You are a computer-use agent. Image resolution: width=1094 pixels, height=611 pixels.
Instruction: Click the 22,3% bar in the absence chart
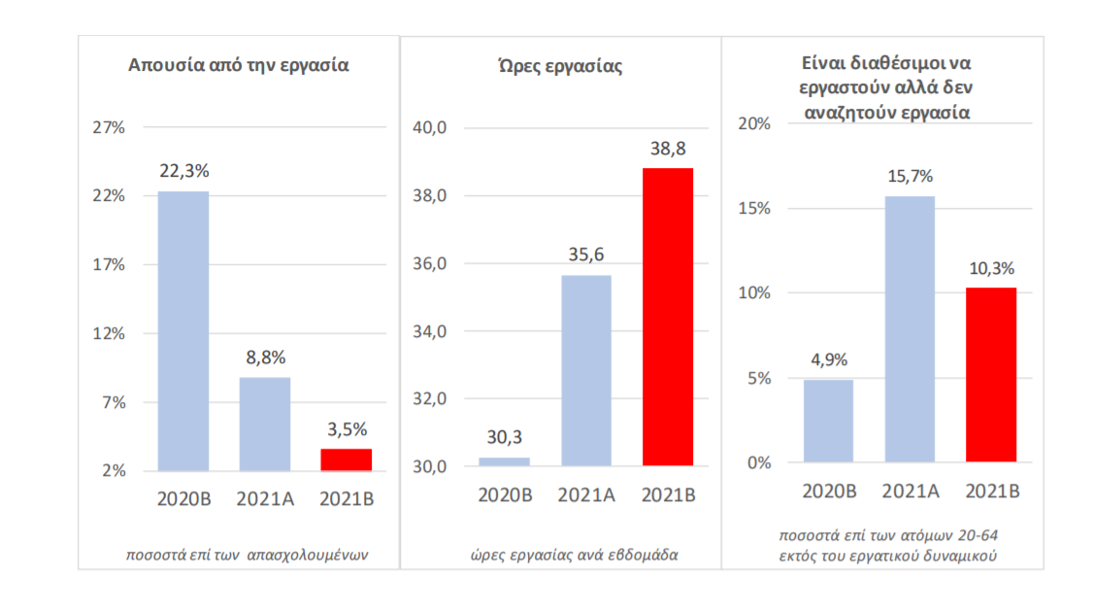(183, 330)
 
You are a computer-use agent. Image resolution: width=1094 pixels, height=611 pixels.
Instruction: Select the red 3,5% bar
(346, 459)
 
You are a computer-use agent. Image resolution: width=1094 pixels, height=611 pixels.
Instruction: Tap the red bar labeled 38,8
(668, 317)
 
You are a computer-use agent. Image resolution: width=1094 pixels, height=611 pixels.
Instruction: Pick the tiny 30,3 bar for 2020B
(505, 461)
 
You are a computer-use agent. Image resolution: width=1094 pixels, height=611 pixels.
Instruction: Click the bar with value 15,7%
(910, 328)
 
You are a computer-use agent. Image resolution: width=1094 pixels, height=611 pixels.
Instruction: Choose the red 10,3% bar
(991, 374)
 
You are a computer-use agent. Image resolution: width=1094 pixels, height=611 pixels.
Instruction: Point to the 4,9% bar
(828, 420)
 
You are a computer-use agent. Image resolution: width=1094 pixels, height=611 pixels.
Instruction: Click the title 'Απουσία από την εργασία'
(239, 67)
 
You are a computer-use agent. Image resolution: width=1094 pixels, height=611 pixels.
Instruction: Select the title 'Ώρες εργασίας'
(557, 67)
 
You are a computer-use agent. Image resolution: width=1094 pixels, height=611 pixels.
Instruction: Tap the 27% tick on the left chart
(108, 127)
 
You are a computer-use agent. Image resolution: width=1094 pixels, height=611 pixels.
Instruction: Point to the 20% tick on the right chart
(754, 124)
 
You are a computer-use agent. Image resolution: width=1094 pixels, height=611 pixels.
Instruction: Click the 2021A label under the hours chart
(586, 495)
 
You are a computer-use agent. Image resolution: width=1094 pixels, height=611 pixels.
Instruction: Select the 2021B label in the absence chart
(347, 499)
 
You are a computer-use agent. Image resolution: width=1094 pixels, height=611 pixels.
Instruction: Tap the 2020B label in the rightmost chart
(828, 492)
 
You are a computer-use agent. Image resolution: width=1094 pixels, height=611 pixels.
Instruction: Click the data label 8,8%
(265, 357)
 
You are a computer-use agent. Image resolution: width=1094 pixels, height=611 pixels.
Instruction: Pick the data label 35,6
(586, 255)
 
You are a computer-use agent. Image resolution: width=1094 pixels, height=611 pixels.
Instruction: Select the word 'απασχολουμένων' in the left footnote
(309, 556)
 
